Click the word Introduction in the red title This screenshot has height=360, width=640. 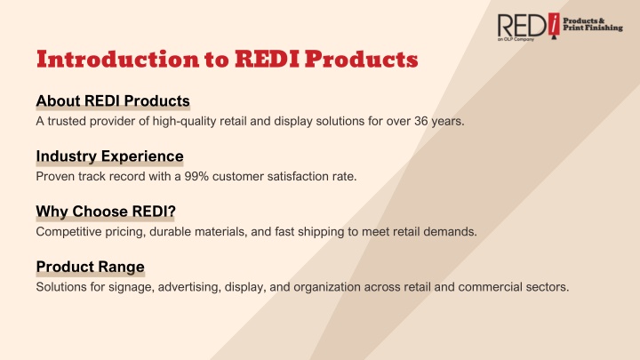point(118,60)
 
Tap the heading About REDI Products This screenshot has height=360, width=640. point(113,100)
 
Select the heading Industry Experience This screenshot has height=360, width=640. point(110,156)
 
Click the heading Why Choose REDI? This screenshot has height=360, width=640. point(106,212)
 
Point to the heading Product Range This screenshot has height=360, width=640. point(90,267)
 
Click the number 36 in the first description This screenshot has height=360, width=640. point(421,121)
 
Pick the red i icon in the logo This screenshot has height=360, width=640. point(554,25)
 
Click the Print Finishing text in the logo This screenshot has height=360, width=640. point(593,28)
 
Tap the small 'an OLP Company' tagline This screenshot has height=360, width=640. point(516,39)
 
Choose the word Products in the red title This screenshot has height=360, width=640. point(362,60)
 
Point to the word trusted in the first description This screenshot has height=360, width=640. point(67,121)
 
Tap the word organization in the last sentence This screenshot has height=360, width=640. point(327,287)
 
